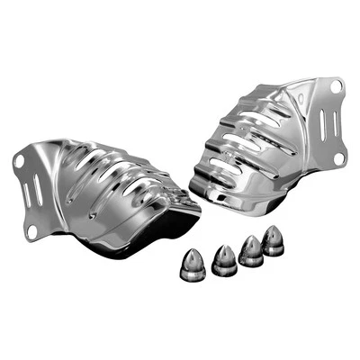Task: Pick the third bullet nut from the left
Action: pyautogui.click(x=252, y=252)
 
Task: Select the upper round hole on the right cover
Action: pyautogui.click(x=336, y=86)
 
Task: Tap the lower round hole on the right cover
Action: pyautogui.click(x=338, y=158)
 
